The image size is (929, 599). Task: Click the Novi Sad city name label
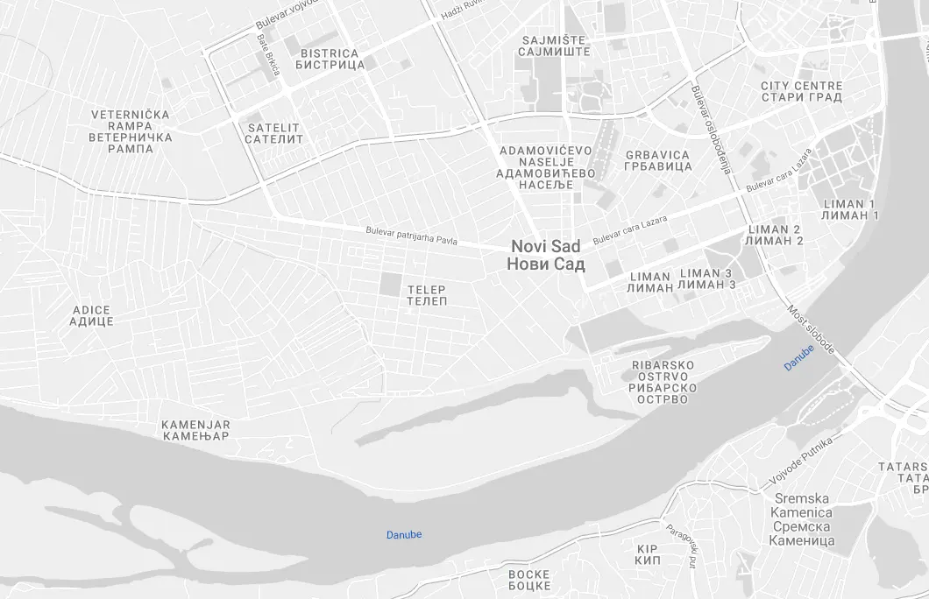click(547, 256)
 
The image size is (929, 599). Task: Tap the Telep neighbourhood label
click(427, 295)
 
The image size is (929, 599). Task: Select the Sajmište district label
click(555, 46)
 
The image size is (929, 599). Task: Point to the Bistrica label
click(330, 59)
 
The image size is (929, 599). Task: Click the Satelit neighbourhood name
click(274, 133)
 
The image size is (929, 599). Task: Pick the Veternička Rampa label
click(131, 131)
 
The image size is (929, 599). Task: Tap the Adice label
click(92, 315)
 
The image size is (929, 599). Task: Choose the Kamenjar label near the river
click(195, 429)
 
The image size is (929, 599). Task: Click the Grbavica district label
click(657, 160)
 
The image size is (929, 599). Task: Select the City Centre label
click(801, 92)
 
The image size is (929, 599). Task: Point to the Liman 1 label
click(850, 209)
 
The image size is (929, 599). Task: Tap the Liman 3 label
click(706, 278)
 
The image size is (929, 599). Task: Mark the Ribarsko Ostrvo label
click(663, 382)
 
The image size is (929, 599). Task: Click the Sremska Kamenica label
click(801, 519)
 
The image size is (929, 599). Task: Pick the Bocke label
click(529, 580)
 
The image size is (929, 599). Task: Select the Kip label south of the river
click(648, 553)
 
